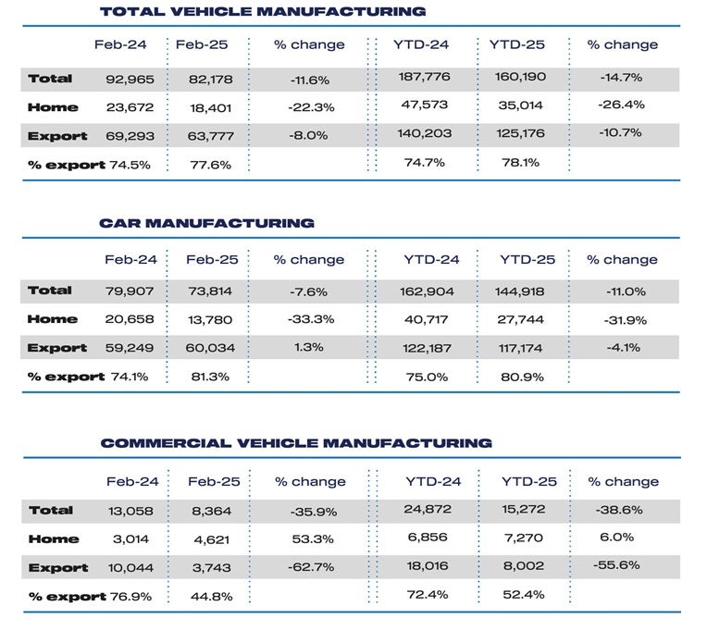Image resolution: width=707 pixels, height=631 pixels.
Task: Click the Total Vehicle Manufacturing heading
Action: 262,11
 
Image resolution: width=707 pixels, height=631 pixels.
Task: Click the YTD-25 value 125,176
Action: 517,135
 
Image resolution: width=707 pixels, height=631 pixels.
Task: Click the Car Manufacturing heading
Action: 206,223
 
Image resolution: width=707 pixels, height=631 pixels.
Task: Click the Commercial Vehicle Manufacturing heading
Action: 296,443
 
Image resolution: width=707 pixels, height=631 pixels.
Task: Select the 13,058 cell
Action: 133,511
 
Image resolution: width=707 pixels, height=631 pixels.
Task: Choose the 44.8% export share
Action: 212,597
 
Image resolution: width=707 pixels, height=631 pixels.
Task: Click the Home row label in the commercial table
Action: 53,539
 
